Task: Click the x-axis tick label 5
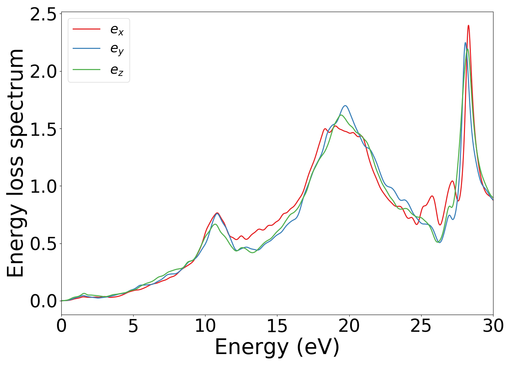tap(133, 326)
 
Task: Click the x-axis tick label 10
tap(205, 326)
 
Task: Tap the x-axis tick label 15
tap(277, 326)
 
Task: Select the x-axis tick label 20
tap(349, 326)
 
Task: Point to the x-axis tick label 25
tap(421, 326)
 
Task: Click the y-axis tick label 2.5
tap(43, 15)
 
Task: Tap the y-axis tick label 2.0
tap(43, 72)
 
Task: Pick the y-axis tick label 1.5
tap(43, 129)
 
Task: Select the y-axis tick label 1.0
tap(43, 187)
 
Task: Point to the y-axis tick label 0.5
tap(43, 244)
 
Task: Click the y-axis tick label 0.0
tap(43, 301)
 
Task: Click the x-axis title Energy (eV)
tap(277, 347)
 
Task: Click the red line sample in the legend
tap(87, 28)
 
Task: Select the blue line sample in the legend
tap(87, 48)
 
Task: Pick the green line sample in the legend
tap(87, 69)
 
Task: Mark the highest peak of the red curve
tap(468, 26)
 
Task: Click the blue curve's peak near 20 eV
tap(345, 106)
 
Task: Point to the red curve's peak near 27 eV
tap(452, 181)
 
